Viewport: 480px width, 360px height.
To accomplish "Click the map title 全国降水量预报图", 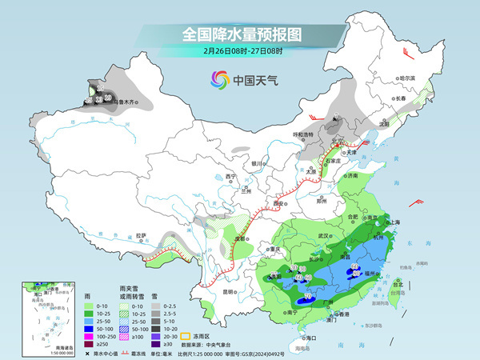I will pyautogui.click(x=241, y=34).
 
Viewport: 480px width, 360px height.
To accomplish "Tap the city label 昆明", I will pyautogui.click(x=227, y=292).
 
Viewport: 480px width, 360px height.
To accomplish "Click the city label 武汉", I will pyautogui.click(x=324, y=236).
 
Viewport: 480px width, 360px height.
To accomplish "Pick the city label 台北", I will pyautogui.click(x=398, y=282).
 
